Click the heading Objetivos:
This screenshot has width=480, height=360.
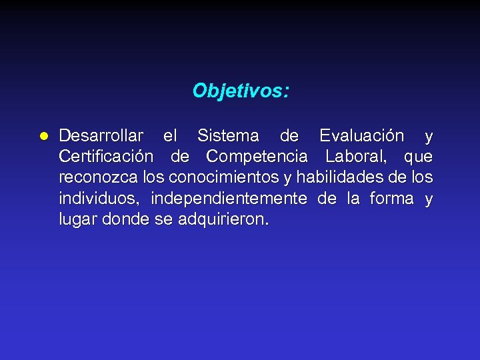pos(241,90)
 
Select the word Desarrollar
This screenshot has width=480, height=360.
pos(101,136)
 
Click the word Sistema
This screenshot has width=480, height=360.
pos(228,136)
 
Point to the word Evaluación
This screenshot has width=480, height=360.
pos(361,136)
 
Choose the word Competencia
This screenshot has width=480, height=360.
pos(257,157)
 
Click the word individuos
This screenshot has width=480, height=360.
pos(99,198)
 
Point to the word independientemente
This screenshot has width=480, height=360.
pos(229,198)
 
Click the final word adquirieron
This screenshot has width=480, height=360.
pos(223,219)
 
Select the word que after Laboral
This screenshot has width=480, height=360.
pos(418,158)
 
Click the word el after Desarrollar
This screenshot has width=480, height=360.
pos(170,136)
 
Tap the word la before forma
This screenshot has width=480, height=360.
pos(353,198)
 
